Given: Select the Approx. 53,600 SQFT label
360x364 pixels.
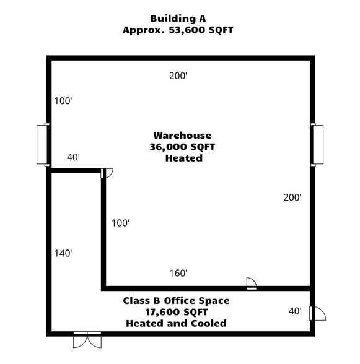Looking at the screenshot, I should click(x=178, y=30).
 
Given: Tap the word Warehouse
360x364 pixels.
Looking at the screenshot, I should click(x=182, y=136).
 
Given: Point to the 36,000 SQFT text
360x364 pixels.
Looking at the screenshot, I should click(x=182, y=147).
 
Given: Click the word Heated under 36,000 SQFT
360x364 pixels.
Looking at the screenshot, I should click(x=184, y=158).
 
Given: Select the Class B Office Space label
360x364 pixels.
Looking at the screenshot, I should click(x=176, y=301).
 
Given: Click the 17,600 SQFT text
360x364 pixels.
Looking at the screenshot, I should click(x=176, y=312).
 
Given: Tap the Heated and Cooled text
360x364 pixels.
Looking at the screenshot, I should click(x=176, y=323).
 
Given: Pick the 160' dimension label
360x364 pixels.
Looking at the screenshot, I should click(x=178, y=273).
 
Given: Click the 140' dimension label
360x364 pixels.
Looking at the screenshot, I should click(x=63, y=253).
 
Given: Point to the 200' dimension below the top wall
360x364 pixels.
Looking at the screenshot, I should click(x=178, y=76).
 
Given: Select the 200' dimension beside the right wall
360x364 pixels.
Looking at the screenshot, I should click(x=292, y=197).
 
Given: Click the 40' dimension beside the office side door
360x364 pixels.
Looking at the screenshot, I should click(x=295, y=311).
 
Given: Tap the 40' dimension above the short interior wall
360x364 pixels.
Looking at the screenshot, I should click(x=73, y=157).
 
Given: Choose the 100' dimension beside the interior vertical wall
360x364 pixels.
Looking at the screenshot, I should click(x=120, y=223).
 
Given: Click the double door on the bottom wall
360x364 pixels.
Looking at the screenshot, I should click(x=87, y=340).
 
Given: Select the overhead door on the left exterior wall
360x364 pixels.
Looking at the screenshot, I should click(x=44, y=144).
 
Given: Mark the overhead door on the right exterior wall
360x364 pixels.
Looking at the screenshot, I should click(x=318, y=144).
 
